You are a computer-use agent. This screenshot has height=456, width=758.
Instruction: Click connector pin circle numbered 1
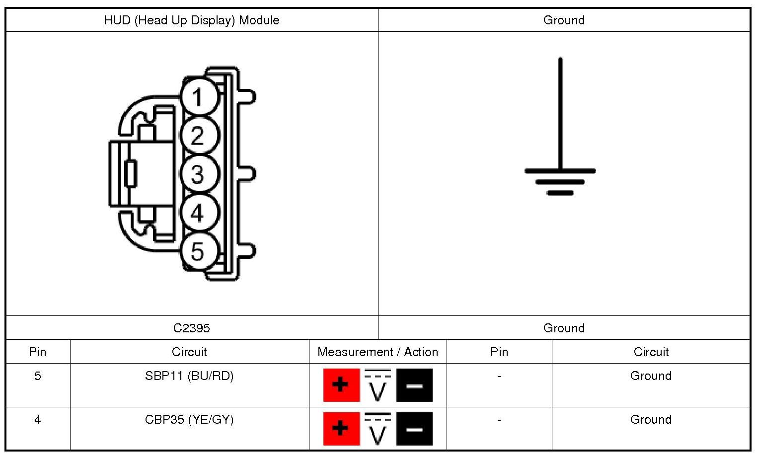pyautogui.click(x=199, y=97)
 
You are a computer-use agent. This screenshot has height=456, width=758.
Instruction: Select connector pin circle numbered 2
pyautogui.click(x=199, y=136)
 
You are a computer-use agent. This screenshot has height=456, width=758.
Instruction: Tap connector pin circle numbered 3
pyautogui.click(x=199, y=174)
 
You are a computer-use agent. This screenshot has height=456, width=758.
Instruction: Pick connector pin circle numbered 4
pyautogui.click(x=199, y=213)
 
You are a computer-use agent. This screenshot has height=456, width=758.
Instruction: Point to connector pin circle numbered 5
pyautogui.click(x=199, y=251)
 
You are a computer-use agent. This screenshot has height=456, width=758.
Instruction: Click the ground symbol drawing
pyautogui.click(x=560, y=149)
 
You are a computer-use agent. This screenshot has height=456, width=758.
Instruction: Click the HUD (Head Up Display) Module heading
pyautogui.click(x=191, y=20)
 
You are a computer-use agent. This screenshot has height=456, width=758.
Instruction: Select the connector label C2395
pyautogui.click(x=191, y=328)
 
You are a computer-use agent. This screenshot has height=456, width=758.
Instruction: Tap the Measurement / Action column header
pyautogui.click(x=378, y=352)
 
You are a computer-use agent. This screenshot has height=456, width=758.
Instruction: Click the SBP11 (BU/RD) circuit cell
pyautogui.click(x=189, y=376)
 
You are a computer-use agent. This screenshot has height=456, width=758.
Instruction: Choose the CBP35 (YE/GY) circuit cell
pyautogui.click(x=189, y=420)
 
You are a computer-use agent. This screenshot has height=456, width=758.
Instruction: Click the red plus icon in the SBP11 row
pyautogui.click(x=341, y=385)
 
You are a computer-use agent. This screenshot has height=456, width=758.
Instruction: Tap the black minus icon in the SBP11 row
pyautogui.click(x=414, y=385)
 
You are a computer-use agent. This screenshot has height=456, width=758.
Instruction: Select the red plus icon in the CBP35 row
pyautogui.click(x=341, y=429)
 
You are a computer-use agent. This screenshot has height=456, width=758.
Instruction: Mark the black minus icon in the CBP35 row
pyautogui.click(x=414, y=429)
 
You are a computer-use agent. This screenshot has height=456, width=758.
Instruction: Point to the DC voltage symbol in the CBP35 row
pyautogui.click(x=378, y=429)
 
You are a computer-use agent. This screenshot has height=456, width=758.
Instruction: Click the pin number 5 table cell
pyautogui.click(x=38, y=376)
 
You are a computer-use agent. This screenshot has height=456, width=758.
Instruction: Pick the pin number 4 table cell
pyautogui.click(x=38, y=420)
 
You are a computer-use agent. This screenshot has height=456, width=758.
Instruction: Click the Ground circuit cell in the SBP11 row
pyautogui.click(x=651, y=376)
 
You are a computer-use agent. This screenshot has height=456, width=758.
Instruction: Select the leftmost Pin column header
pyautogui.click(x=38, y=352)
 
